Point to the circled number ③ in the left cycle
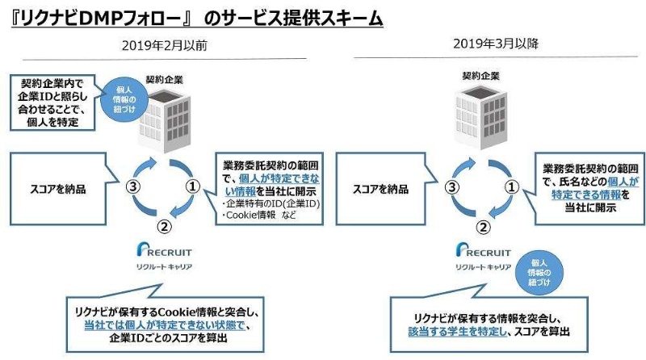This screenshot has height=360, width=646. [x=136, y=186]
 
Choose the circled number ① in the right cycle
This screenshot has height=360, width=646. [x=510, y=186]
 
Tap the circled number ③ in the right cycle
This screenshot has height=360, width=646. [x=455, y=186]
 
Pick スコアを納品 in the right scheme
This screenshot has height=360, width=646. [x=380, y=188]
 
